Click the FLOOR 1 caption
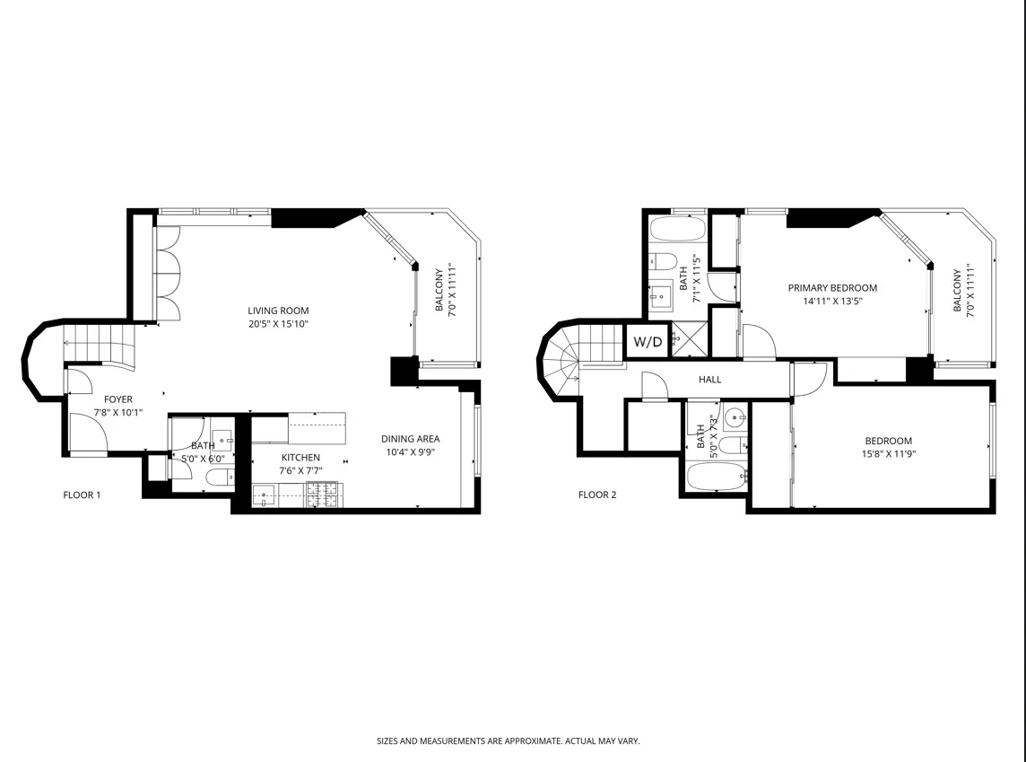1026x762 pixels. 82,495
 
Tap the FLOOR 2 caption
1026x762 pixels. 597,495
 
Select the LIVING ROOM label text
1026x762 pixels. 278,311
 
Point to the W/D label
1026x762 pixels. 648,342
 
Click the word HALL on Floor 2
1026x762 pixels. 710,380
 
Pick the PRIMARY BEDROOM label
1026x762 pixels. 832,288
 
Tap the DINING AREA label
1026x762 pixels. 410,439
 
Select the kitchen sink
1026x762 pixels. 265,494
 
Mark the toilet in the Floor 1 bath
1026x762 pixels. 219,476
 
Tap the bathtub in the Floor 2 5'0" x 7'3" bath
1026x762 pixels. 715,477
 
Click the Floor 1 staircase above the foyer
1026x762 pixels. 99,346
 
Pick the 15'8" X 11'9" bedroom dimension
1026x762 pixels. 888,453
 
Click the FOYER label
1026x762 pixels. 118,399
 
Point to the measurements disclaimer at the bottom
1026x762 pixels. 508,741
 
